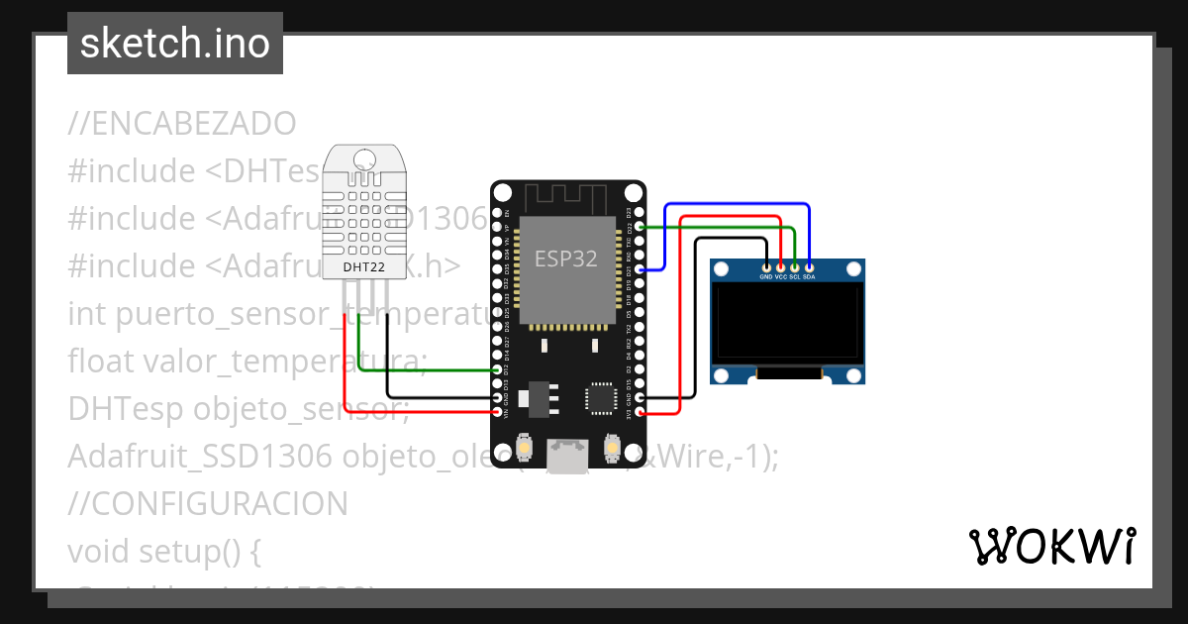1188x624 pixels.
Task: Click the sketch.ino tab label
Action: [x=174, y=44]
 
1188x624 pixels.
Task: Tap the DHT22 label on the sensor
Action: [x=362, y=266]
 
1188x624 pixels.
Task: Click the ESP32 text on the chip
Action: [x=566, y=259]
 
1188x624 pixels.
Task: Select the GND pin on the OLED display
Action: [x=766, y=265]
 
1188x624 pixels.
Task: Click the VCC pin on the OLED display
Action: [x=781, y=265]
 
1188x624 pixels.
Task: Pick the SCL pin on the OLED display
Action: [x=795, y=265]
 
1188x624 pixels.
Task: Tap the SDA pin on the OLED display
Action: [x=810, y=265]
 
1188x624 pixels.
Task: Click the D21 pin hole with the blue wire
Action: [x=640, y=269]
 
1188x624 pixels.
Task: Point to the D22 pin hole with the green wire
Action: [x=640, y=227]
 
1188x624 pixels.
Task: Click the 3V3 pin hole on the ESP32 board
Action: [x=640, y=411]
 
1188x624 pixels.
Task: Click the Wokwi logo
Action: [x=1052, y=546]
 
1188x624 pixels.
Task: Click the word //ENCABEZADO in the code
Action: [x=182, y=124]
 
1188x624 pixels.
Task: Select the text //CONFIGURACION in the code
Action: [x=208, y=503]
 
